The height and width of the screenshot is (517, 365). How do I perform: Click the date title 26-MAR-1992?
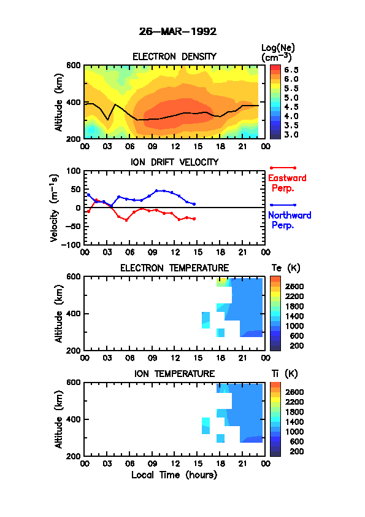(178, 32)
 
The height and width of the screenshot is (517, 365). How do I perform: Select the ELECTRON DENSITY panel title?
(174, 56)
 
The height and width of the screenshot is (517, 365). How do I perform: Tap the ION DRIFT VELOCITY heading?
(175, 162)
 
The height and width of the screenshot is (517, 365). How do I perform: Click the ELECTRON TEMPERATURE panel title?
(175, 268)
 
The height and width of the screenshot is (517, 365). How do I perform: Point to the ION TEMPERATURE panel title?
(175, 373)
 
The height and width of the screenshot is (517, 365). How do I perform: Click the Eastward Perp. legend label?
(287, 183)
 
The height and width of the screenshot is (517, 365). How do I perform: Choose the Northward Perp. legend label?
(290, 220)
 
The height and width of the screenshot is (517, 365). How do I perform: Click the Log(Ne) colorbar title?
(278, 53)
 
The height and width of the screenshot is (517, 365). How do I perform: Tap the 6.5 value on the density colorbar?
(291, 70)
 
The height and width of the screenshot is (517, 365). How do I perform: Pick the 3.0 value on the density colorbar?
(291, 134)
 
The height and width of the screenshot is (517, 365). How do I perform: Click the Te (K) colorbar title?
(286, 268)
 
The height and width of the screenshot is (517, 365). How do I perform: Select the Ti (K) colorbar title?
(285, 374)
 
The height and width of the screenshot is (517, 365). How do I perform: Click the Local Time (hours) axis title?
(174, 475)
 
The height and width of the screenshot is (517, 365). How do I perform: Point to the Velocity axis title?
(54, 208)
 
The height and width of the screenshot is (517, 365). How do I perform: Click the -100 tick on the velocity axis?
(73, 244)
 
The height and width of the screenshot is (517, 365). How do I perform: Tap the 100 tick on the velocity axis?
(74, 171)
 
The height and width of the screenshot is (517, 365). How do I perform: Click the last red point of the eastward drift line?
(194, 219)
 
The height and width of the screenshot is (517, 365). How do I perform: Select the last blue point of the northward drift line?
(194, 204)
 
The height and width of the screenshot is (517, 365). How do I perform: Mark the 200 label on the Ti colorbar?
(297, 451)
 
